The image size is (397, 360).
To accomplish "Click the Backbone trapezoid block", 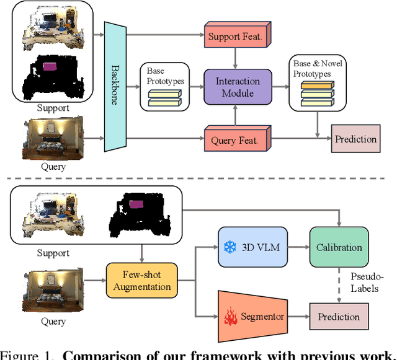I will pos(115,85).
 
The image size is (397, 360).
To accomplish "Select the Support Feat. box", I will pos(235,37).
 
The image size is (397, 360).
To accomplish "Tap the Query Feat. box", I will pos(235,140).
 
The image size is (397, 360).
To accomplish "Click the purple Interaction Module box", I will pos(238,87).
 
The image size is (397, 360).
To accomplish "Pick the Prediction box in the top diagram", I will pos(355,139).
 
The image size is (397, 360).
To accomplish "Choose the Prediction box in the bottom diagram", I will pos(339,317).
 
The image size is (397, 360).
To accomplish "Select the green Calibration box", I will pos(339,247).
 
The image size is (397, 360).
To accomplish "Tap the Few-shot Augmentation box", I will pos(142,281).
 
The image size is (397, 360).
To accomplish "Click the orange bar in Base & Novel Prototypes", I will pos(316,85).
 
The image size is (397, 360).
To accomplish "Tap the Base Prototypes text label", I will pos(164,76).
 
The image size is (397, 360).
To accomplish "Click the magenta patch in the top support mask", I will pos(50,66).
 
